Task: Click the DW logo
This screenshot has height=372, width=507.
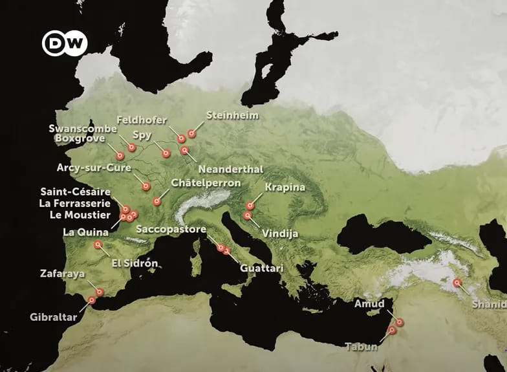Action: click(65, 43)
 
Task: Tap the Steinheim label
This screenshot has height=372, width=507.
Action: click(232, 115)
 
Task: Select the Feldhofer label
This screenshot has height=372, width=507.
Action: click(142, 120)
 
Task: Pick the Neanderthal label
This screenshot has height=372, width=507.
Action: click(230, 169)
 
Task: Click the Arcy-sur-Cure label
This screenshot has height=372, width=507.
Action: click(94, 168)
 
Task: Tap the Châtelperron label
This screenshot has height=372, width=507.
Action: click(206, 183)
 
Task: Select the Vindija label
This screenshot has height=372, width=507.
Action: click(279, 233)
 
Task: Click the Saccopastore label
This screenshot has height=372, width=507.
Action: click(171, 230)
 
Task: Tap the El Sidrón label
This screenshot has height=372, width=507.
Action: click(135, 263)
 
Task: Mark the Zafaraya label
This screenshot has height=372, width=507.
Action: click(61, 274)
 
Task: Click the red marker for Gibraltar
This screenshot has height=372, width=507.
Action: click(92, 300)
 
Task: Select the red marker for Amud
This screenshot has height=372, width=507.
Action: click(400, 322)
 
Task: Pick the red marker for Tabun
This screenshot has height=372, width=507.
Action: click(392, 331)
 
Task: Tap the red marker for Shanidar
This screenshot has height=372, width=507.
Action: click(457, 283)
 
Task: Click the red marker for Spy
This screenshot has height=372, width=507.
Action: click(166, 153)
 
